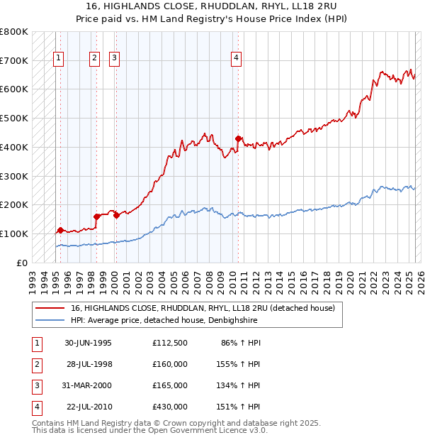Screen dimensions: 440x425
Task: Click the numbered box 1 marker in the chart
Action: (57, 59)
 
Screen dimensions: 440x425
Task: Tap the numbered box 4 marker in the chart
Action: (236, 59)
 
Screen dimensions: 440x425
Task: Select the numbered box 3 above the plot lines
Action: (114, 59)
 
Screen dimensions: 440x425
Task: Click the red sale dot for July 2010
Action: (239, 138)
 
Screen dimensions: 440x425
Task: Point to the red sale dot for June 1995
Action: (61, 230)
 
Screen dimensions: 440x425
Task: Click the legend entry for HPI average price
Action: (163, 321)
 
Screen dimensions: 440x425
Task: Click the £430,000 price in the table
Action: (170, 407)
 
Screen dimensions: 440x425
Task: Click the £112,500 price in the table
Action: (170, 343)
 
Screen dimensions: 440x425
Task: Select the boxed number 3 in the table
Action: (36, 385)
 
